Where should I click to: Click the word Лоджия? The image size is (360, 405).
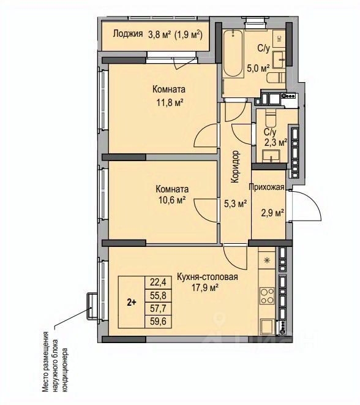pyautogui.click(x=128, y=34)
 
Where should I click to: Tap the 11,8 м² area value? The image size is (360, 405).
pyautogui.click(x=170, y=102)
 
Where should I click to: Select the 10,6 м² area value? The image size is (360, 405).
pyautogui.click(x=172, y=200)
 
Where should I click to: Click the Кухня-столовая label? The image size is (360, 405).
pyautogui.click(x=207, y=277)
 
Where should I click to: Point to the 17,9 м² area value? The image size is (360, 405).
pyautogui.click(x=205, y=288)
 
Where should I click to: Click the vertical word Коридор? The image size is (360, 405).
pyautogui.click(x=235, y=167)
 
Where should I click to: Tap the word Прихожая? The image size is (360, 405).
pyautogui.click(x=266, y=187)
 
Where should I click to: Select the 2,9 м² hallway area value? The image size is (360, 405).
pyautogui.click(x=272, y=213)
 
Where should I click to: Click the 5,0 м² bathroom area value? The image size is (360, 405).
pyautogui.click(x=258, y=69)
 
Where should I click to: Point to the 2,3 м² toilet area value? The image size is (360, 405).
pyautogui.click(x=276, y=142)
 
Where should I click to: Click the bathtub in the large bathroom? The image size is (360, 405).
pyautogui.click(x=233, y=54)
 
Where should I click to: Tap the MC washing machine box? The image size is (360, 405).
pyautogui.click(x=279, y=38)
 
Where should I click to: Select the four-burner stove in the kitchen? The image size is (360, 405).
pyautogui.click(x=267, y=295)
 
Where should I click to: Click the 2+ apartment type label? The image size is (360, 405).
pyautogui.click(x=132, y=303)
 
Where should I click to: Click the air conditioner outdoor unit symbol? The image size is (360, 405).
pyautogui.click(x=92, y=306)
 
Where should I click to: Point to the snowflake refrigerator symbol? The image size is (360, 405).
pyautogui.click(x=267, y=260)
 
